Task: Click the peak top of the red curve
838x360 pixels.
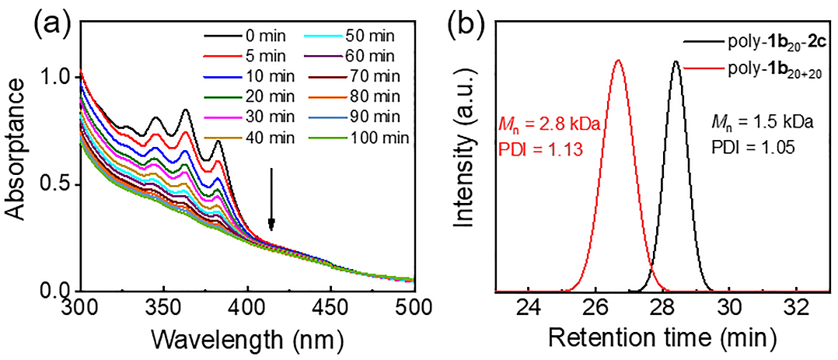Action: click(618, 60)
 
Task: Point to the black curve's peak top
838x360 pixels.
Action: click(676, 61)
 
